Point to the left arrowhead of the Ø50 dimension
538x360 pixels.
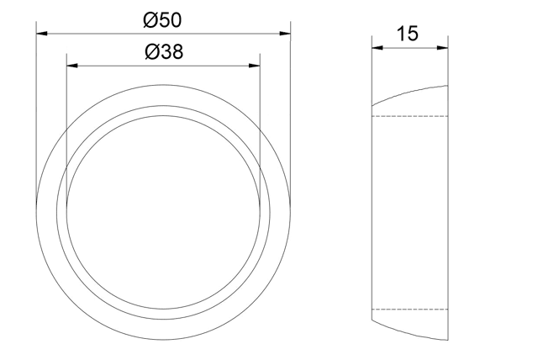click(x=41, y=34)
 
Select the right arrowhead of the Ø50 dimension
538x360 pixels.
click(x=286, y=34)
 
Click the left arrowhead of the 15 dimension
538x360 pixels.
click(x=377, y=47)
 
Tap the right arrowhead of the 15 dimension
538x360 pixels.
click(x=443, y=47)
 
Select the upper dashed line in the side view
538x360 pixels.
click(x=410, y=114)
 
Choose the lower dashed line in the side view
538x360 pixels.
click(x=410, y=309)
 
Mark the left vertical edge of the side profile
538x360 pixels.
click(x=372, y=210)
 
